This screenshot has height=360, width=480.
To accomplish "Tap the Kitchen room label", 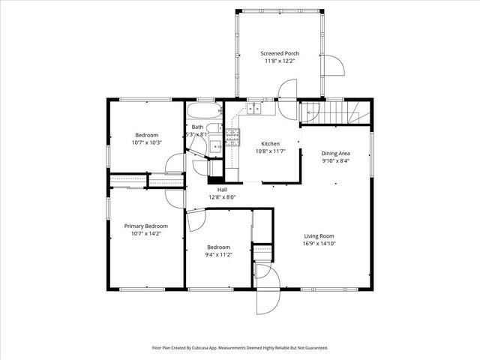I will [x=270, y=143].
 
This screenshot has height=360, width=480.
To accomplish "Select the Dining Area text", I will [x=336, y=153].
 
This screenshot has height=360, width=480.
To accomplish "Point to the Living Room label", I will [x=319, y=235].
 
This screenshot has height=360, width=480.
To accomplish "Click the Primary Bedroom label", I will [x=146, y=226].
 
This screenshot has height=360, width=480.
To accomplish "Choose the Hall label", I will [x=222, y=190].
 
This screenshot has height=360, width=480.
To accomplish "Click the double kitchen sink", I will [x=255, y=108].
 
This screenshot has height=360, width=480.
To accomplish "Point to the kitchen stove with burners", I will [x=232, y=136].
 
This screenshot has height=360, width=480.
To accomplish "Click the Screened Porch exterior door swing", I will [x=333, y=67].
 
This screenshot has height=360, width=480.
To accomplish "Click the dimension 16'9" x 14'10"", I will [x=319, y=242].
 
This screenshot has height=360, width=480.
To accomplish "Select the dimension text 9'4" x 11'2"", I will [x=218, y=254].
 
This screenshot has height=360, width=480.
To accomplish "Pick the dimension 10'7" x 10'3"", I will [x=146, y=142].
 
